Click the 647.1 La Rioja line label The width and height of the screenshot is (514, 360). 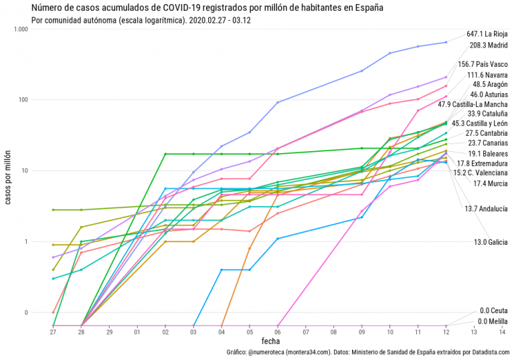(487, 33)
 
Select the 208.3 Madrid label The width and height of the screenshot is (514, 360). (489, 46)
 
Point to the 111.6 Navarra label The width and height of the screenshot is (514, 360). (487, 75)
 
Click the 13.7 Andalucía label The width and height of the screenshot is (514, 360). (486, 209)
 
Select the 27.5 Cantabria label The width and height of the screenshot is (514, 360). (487, 133)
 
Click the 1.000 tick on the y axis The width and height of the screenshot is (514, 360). (19, 29)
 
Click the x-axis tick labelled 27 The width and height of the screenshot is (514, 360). (53, 332)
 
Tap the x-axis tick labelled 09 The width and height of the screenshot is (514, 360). (362, 332)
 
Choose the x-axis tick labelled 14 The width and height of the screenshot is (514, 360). (502, 332)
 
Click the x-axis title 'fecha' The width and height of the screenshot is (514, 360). (270, 341)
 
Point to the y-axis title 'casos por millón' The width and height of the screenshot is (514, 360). (7, 178)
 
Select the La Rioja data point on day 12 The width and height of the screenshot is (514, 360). (446, 42)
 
